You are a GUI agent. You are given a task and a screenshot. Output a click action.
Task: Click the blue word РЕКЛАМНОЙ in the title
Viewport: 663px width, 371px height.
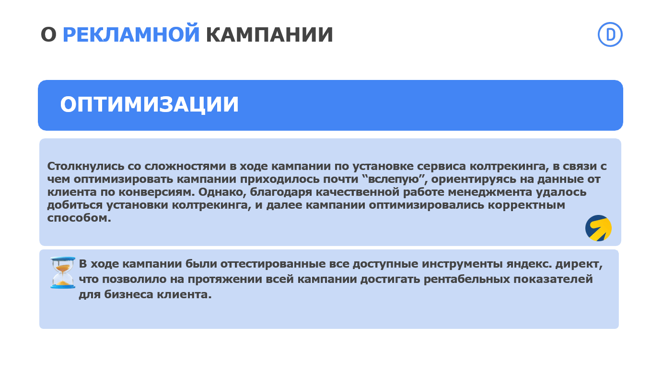pyautogui.click(x=131, y=34)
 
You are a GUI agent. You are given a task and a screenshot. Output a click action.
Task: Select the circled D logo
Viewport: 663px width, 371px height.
pyautogui.click(x=610, y=34)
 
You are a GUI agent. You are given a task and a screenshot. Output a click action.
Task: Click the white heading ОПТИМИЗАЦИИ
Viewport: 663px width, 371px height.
pyautogui.click(x=149, y=105)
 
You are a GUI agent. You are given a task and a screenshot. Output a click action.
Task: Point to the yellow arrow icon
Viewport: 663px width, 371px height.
pyautogui.click(x=598, y=228)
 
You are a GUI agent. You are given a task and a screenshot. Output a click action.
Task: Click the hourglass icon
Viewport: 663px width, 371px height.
pyautogui.click(x=63, y=272)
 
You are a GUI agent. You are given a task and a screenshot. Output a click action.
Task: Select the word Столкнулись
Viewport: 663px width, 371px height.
pyautogui.click(x=86, y=166)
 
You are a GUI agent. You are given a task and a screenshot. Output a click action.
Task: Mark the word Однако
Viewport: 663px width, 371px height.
pyautogui.click(x=222, y=192)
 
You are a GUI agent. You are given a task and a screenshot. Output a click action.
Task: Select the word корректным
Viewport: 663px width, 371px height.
pyautogui.click(x=526, y=205)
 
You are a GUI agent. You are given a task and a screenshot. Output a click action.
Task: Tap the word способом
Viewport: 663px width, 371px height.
pyautogui.click(x=79, y=218)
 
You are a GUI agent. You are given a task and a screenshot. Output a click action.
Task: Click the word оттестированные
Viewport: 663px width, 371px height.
pyautogui.click(x=273, y=264)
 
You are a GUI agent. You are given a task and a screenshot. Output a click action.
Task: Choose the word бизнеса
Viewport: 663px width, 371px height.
pyautogui.click(x=129, y=294)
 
